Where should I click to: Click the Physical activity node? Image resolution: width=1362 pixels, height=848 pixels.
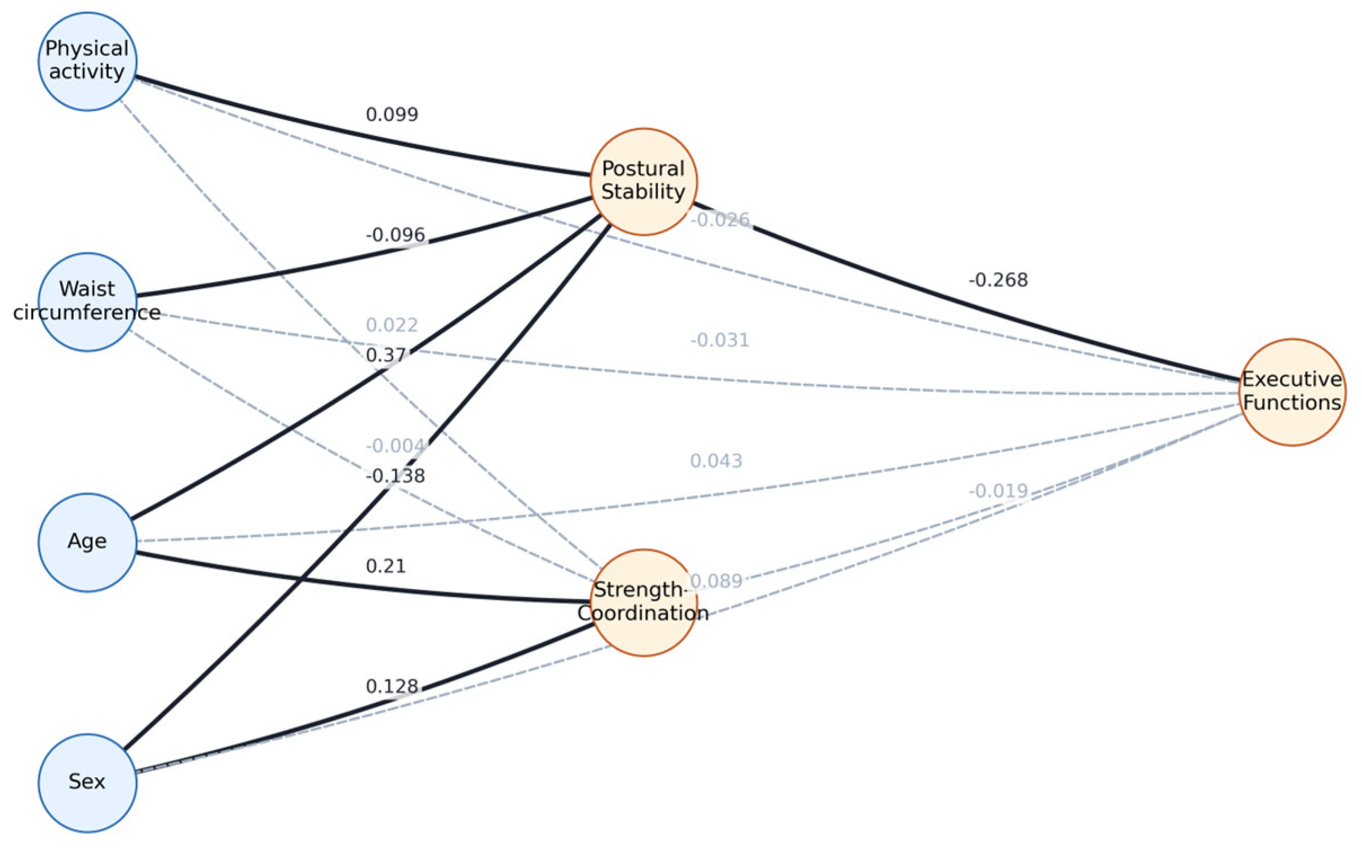click(x=87, y=61)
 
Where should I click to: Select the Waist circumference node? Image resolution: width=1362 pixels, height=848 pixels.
click(x=87, y=302)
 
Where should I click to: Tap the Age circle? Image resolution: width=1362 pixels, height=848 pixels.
click(x=87, y=543)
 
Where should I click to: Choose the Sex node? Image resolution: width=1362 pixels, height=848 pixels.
click(x=87, y=783)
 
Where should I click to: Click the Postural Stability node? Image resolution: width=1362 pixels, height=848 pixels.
click(x=644, y=181)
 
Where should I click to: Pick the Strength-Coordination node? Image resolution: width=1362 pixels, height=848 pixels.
click(x=644, y=602)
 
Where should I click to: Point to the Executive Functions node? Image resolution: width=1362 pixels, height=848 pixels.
click(x=1293, y=392)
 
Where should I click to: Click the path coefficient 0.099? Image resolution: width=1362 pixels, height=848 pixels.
click(x=392, y=114)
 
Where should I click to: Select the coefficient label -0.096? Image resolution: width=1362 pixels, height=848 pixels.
click(x=396, y=234)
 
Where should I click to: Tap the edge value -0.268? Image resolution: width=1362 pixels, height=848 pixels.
click(x=999, y=279)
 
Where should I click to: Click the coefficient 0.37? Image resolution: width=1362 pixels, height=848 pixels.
click(x=386, y=355)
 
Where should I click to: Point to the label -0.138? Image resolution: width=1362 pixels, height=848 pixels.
click(x=396, y=476)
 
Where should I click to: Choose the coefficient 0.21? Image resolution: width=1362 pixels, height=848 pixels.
click(x=386, y=566)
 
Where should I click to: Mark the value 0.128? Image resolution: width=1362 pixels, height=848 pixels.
click(x=392, y=686)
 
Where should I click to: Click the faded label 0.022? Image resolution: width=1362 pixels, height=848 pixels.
click(x=392, y=325)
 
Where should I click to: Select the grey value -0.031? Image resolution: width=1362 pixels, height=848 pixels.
click(x=720, y=340)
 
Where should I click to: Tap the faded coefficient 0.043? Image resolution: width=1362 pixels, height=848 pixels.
click(x=717, y=460)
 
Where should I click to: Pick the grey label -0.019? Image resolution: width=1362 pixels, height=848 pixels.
click(x=999, y=490)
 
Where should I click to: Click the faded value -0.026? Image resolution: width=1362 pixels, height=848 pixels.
click(x=720, y=219)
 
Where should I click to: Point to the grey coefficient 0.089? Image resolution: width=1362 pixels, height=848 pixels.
click(x=717, y=580)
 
